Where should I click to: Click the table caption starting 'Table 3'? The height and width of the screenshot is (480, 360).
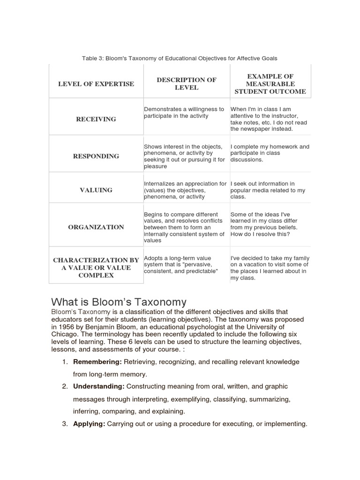coord(180,58)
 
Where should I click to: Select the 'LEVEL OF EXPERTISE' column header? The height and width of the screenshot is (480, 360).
coord(96,84)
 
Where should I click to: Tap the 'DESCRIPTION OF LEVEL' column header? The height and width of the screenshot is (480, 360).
coord(187,83)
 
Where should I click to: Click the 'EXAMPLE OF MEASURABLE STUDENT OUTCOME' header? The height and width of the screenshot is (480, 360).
coord(270,84)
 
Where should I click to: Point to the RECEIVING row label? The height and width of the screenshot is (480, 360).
coord(96,119)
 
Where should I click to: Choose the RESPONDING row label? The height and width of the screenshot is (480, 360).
coord(96,156)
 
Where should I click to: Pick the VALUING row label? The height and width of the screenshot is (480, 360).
coord(96,190)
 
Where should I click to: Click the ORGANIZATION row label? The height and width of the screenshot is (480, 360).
coord(96,227)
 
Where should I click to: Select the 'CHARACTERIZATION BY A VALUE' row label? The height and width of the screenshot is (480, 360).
coord(96,267)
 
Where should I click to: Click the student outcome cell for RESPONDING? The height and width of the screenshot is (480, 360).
coord(270,153)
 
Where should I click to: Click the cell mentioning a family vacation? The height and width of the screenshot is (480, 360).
coord(270,268)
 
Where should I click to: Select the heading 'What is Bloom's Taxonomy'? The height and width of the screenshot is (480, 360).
coord(119,302)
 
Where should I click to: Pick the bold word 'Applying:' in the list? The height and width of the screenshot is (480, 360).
coord(89,424)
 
